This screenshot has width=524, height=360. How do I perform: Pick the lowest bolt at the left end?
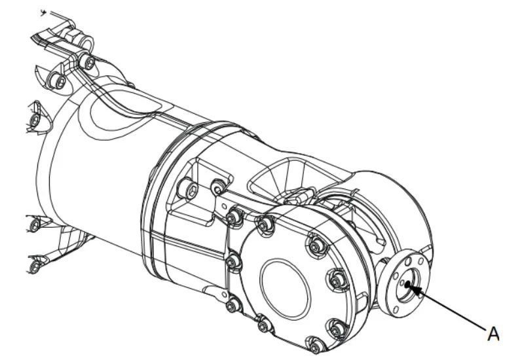(35, 266)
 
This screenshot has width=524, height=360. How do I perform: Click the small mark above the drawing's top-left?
(44, 12)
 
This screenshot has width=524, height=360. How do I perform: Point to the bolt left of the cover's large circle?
(233, 262)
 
